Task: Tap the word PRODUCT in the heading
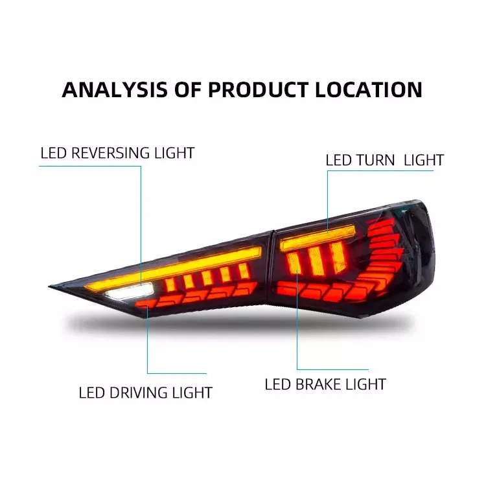pos(257,89)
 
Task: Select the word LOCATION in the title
pos(369,89)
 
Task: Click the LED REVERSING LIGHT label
pos(117,154)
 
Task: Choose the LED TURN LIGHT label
pos(384,160)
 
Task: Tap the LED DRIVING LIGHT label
pos(145,392)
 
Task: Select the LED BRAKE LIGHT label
pos(325,384)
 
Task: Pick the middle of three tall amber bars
pos(316,259)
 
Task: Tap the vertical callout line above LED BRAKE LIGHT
pos(297,324)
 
